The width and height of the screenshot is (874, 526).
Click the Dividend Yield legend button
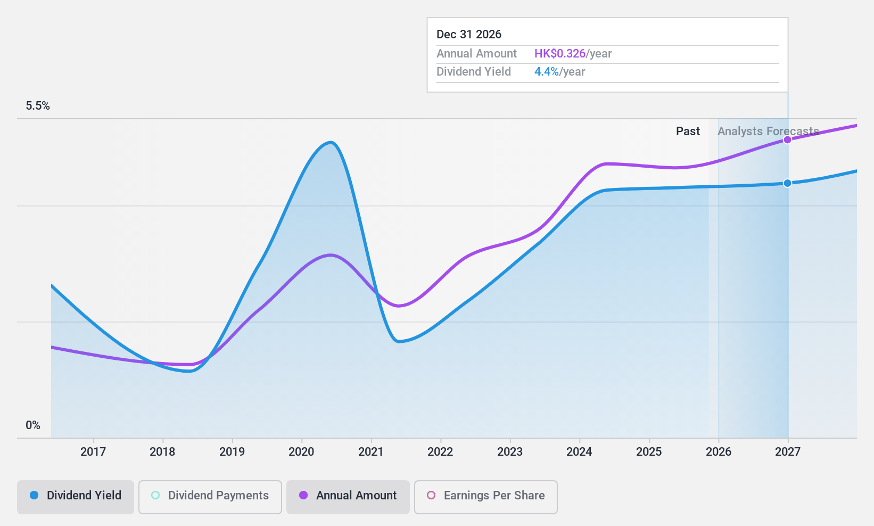coord(76,496)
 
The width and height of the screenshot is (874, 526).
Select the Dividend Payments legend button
coord(210,496)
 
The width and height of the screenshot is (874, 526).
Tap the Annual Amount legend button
coord(348,496)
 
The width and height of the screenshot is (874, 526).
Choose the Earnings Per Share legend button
coord(485,496)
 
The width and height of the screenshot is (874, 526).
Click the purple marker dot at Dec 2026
coord(787,140)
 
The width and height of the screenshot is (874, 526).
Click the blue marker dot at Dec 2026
coord(787,183)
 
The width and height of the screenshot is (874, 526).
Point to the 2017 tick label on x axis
coord(93,452)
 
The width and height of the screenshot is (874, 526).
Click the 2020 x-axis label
coord(301,452)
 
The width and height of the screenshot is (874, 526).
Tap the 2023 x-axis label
coord(510,452)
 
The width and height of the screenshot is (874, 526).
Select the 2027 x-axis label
coord(788,452)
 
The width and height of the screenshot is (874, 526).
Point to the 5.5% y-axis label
coord(38,106)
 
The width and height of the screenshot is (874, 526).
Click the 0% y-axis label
coord(33,425)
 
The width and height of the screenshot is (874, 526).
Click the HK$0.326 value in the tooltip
coord(560,54)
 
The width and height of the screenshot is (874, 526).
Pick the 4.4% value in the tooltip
coord(547,72)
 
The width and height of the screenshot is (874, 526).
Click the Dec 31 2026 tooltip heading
coord(469,35)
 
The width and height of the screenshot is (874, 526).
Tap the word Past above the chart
coord(688,131)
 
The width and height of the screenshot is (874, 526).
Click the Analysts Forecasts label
coord(768,131)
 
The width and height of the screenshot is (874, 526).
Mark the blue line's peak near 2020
coord(331,142)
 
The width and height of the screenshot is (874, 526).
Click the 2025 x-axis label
coord(649,452)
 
